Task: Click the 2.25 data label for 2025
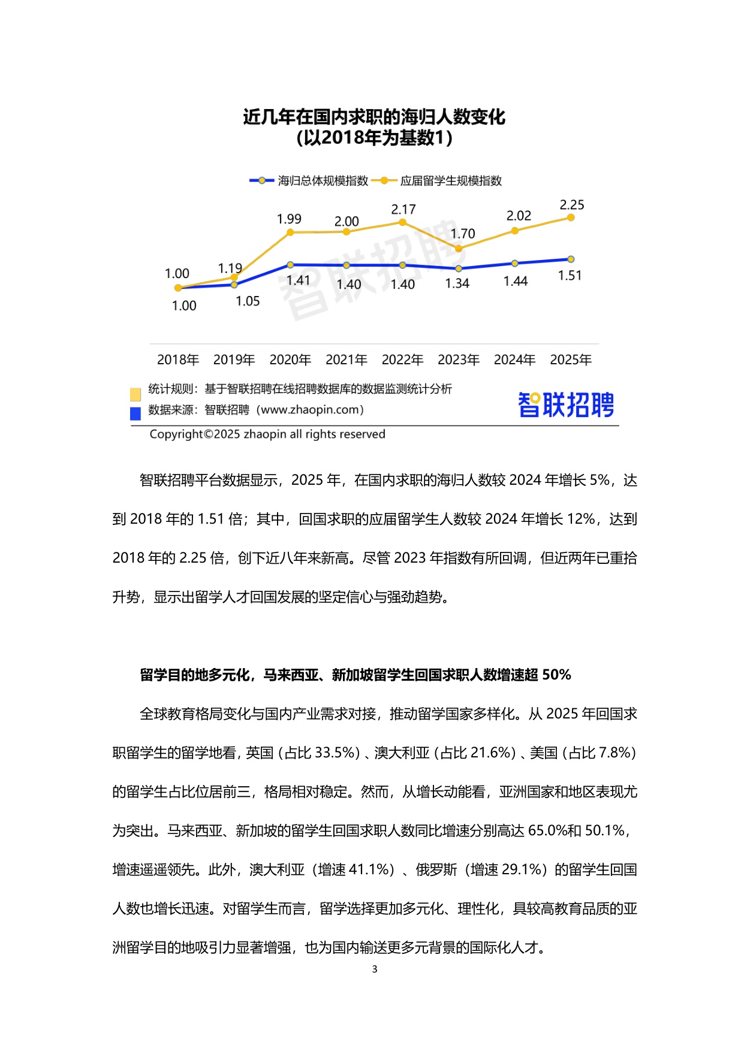coord(571,205)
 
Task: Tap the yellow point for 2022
coord(403,222)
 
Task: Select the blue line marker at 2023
coord(459,268)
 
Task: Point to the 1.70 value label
coord(463,234)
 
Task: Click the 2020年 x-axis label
coord(290,360)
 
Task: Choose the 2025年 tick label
coord(571,360)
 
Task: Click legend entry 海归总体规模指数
coord(323,181)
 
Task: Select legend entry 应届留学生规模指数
coord(451,181)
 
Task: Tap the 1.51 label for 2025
coord(570,276)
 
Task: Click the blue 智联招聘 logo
coord(566,405)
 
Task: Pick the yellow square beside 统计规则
coord(135,394)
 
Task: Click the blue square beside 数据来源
coord(135,413)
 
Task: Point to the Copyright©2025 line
coord(267,434)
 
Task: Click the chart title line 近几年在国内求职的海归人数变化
coord(374,117)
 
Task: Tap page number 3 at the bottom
coord(375,969)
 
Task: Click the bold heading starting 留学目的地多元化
coord(355,675)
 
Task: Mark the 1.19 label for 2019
coord(230,268)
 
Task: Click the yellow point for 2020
coord(290,232)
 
